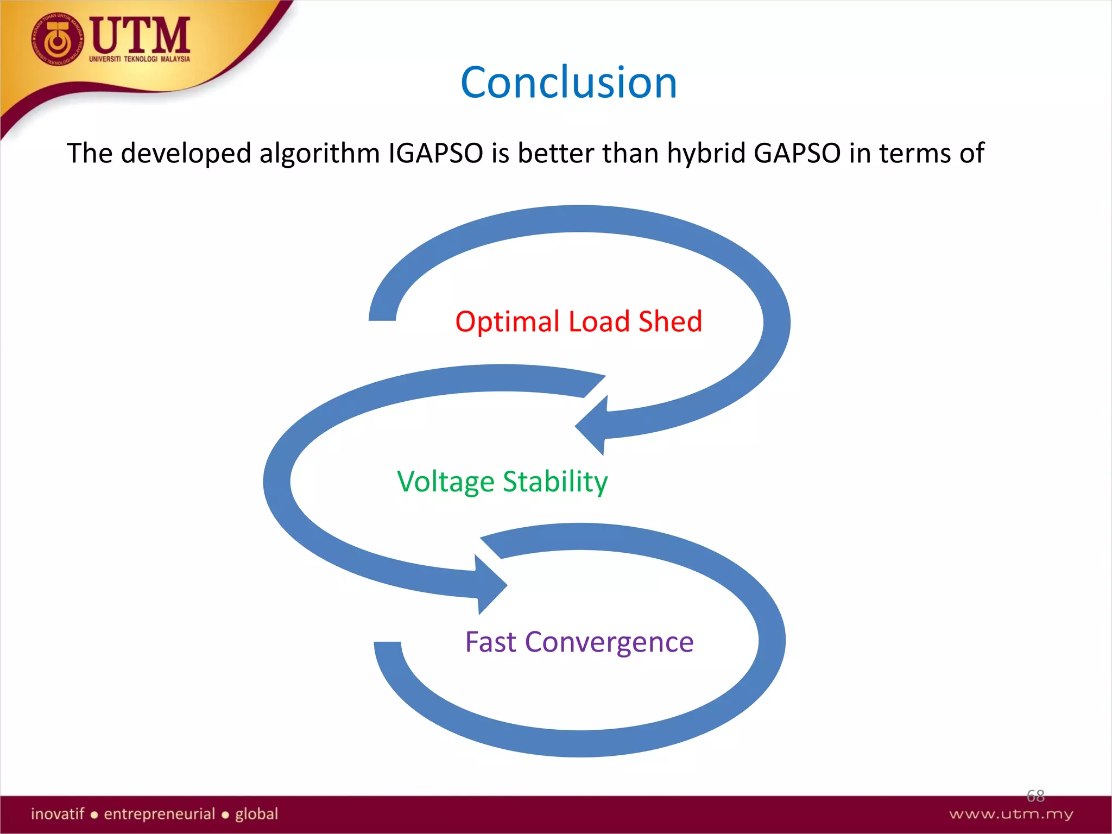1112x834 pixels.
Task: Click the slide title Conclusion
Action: pos(568,83)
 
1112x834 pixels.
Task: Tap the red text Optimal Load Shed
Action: pos(578,321)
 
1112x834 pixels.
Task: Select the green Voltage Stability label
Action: pos(502,482)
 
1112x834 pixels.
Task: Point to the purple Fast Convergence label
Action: pos(579,642)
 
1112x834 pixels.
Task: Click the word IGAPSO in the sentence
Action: pos(435,153)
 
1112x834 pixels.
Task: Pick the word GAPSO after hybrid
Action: pos(797,153)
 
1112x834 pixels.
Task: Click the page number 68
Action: pos(1035,796)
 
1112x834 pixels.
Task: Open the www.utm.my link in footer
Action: pos(1011,814)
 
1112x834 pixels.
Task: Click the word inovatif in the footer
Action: pos(58,814)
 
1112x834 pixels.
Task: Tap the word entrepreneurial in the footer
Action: pos(160,814)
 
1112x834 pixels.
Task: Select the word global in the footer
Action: pos(256,814)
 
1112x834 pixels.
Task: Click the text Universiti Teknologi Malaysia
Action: pos(140,59)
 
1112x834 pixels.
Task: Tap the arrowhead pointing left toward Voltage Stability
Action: pos(592,425)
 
